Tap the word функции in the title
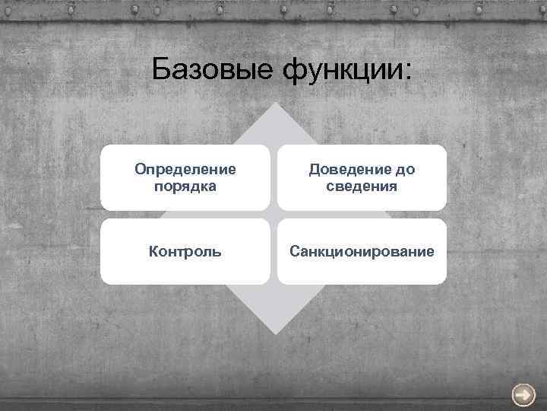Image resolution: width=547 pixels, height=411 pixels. [x=339, y=71]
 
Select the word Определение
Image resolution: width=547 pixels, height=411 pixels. [x=185, y=168]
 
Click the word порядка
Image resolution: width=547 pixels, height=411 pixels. [x=185, y=186]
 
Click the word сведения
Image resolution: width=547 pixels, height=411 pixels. [x=362, y=186]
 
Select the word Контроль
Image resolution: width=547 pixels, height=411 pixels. [x=185, y=251]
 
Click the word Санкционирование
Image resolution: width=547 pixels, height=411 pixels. [x=362, y=251]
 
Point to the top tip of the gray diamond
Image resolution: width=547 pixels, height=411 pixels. [x=273, y=104]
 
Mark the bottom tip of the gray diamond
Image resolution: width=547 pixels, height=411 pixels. [x=273, y=333]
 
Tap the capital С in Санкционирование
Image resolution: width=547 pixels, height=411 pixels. [x=294, y=251]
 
